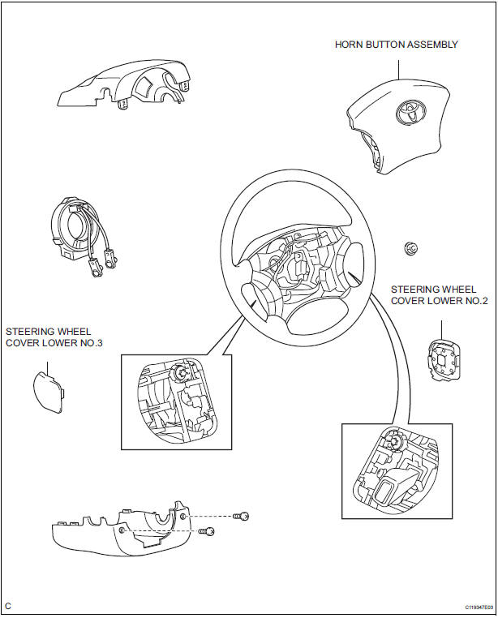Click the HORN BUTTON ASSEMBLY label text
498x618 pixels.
click(397, 45)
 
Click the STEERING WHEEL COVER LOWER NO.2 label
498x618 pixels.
click(439, 294)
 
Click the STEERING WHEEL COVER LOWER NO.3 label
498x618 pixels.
click(49, 337)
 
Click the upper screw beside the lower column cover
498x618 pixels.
click(240, 516)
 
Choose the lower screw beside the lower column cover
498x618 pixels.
click(207, 532)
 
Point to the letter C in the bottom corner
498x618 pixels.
click(8, 606)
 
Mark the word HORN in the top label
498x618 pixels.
click(350, 45)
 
